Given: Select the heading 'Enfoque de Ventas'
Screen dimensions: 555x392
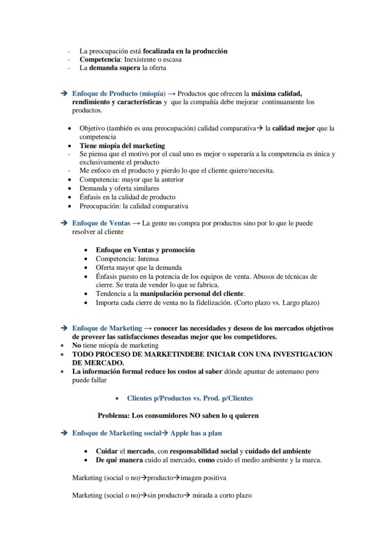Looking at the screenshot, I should click(101, 223).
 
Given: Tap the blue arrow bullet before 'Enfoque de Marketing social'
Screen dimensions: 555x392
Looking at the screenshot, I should click(64, 433).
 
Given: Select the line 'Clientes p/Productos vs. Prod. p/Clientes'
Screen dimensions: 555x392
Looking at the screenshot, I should click(189, 398).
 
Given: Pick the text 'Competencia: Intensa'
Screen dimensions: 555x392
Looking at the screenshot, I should click(127, 259).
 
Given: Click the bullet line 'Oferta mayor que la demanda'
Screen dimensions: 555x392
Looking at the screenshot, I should click(138, 267).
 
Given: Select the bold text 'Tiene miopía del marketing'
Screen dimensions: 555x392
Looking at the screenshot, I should click(122, 146).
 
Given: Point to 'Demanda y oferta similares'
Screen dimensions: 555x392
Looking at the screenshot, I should click(119, 188).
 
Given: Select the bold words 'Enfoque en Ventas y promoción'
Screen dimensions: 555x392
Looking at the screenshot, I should click(145, 250).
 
